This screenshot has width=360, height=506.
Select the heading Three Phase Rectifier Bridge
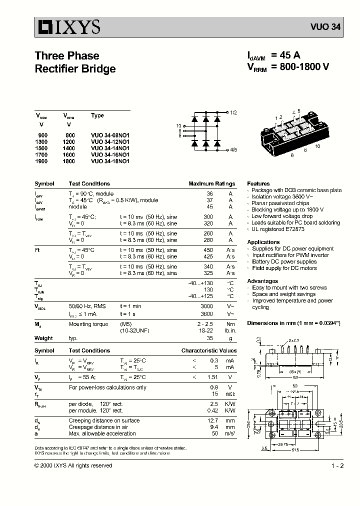pos(75,62)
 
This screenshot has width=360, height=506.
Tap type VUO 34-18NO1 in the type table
pos(110,161)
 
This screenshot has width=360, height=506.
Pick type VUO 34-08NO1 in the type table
pos(110,135)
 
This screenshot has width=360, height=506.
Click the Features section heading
pos(258,183)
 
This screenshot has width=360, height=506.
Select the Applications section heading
pos(263,242)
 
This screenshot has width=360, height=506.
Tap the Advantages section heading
pos(262,281)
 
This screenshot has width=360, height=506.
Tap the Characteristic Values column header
pos(208,351)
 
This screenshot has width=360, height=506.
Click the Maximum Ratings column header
pos(211,183)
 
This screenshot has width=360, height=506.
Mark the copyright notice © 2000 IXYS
pos(73,465)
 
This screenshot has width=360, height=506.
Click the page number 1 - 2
pos(337,465)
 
